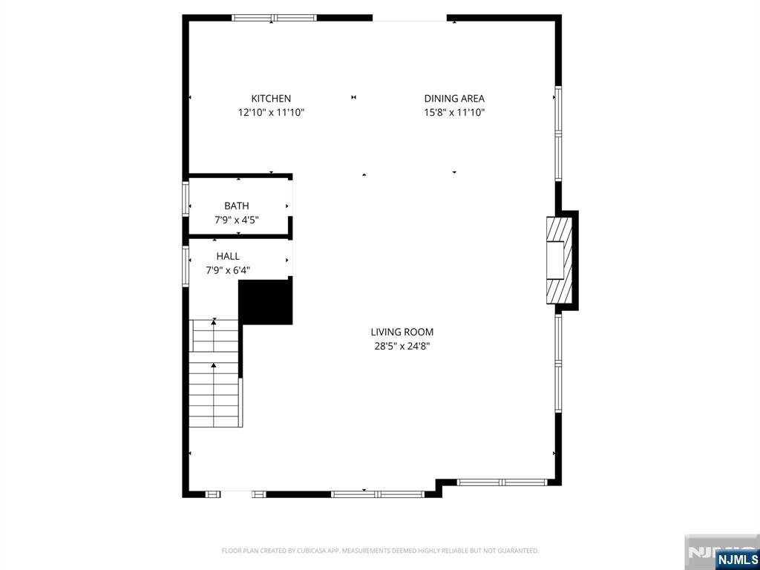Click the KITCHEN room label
pos(271,98)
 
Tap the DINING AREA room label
pos(454,98)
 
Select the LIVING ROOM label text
pos(402,332)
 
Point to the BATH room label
pos(237,206)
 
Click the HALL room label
pos(228,256)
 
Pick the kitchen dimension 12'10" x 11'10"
pos(271,113)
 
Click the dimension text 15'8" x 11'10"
pos(454,113)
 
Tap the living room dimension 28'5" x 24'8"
pos(402,346)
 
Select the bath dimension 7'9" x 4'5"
pos(237,220)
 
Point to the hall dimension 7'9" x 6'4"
pos(228,270)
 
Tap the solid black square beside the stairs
pos(266,301)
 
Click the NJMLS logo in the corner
pos(737,559)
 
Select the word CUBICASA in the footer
pos(306,551)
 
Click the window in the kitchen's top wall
pos(275,18)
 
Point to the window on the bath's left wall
pos(186,199)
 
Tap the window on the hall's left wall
pos(186,266)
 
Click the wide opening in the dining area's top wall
pos(410,18)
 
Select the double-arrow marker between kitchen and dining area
pos(354,97)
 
